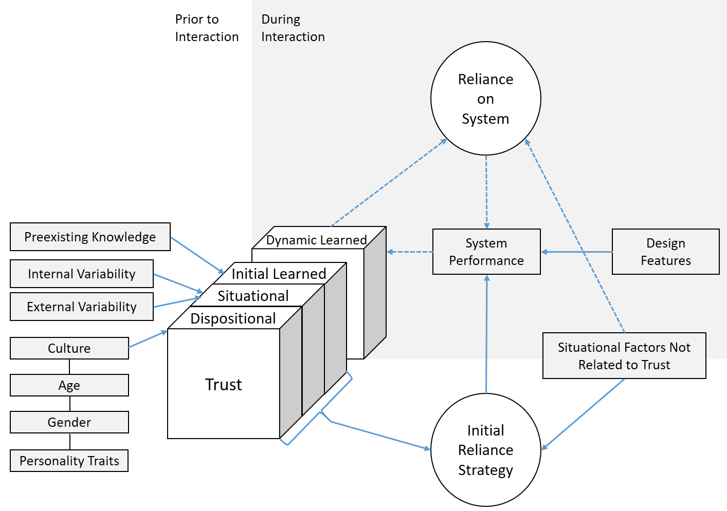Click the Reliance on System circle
485,99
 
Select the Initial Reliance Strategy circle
485,450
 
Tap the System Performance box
486,252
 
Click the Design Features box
665,252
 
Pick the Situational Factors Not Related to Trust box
624,356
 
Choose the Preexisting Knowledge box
90,237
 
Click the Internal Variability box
82,274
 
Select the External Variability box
82,307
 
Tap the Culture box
69,348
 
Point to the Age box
69,385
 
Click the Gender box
69,422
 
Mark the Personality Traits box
69,461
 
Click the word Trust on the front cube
223,385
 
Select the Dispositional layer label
233,318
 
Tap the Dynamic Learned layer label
316,240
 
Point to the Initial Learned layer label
279,274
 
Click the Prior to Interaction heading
207,28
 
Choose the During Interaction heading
293,28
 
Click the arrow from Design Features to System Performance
576,252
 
